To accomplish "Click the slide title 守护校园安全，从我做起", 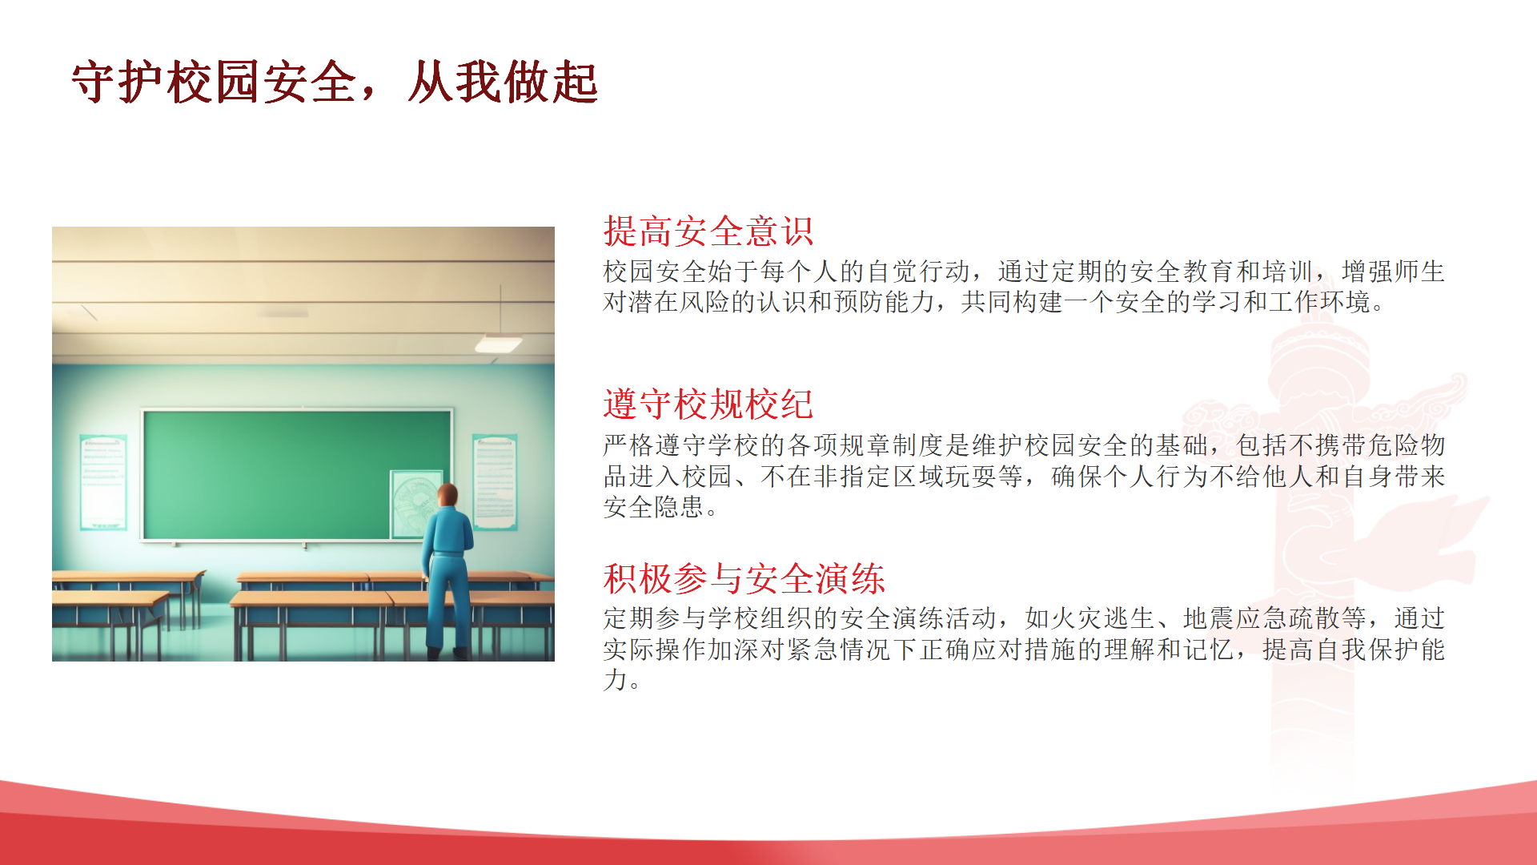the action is [x=335, y=82].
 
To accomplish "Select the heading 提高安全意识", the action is [x=708, y=231].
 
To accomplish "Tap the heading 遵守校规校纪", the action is [x=708, y=404].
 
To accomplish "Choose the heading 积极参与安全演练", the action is [x=744, y=578].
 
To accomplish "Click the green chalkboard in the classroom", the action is [x=297, y=475].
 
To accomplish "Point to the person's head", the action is [x=448, y=496].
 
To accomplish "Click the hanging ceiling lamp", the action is [x=499, y=343].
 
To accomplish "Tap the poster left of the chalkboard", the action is [x=103, y=482].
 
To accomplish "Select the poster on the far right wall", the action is [x=495, y=482].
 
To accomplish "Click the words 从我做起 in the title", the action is [x=503, y=82].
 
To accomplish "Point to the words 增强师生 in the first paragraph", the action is [x=1393, y=272].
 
